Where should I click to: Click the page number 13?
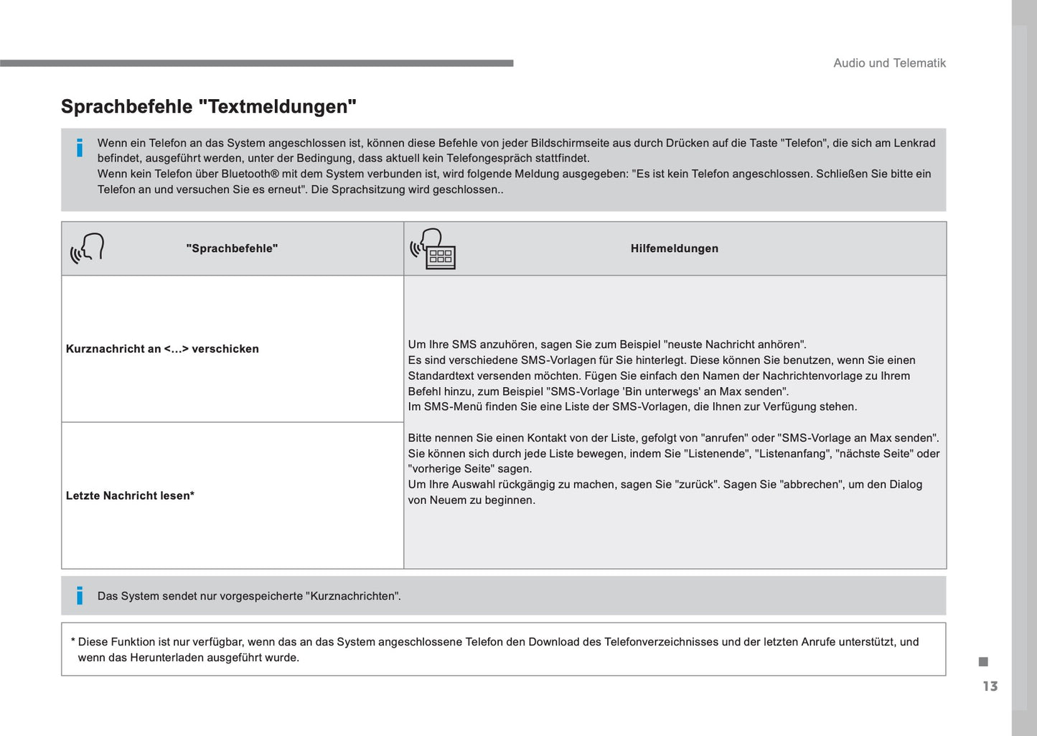tap(990, 686)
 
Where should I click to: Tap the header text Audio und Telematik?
tap(889, 63)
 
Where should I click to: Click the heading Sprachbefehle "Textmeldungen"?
tap(209, 107)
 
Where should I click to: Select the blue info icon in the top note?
tap(80, 148)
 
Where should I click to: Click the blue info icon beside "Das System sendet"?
tap(80, 595)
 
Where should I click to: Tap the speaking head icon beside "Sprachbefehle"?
tap(88, 248)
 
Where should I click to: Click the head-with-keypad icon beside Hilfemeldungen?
tap(433, 248)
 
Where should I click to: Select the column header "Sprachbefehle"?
tap(232, 248)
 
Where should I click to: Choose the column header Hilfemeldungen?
tap(674, 248)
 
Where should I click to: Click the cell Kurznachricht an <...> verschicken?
tap(162, 349)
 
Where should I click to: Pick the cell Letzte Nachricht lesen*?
tap(130, 495)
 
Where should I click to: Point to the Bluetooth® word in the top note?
tap(250, 174)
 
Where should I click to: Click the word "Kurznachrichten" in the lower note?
tap(352, 596)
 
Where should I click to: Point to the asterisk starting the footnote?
tap(72, 642)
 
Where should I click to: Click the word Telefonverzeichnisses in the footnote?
tap(663, 642)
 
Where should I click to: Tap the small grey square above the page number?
tap(983, 661)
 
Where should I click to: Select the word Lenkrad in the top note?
tap(914, 143)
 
